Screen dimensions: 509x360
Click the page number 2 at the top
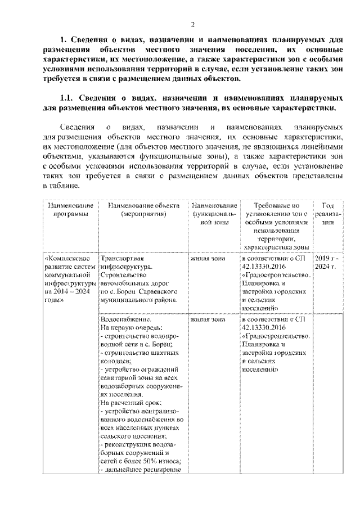click(x=192, y=24)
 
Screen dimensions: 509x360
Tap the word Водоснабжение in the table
click(x=122, y=319)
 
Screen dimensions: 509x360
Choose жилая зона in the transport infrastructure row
click(x=208, y=258)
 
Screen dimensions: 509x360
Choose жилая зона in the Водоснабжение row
click(x=208, y=319)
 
